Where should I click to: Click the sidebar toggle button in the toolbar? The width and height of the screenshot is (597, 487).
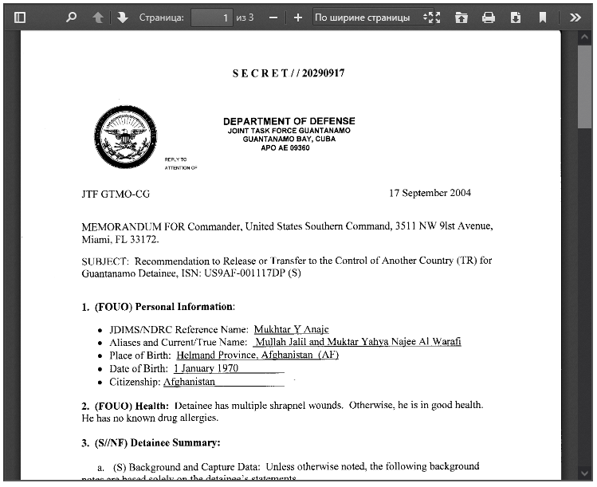tap(20, 17)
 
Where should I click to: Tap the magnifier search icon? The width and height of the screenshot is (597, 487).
tap(71, 17)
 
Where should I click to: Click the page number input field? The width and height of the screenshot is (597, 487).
tap(211, 17)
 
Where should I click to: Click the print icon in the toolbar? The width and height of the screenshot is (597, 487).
tap(489, 17)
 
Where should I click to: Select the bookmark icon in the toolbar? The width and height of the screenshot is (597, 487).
tap(543, 17)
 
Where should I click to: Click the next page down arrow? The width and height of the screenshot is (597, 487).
tap(122, 17)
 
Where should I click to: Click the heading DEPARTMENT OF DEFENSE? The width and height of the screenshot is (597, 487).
tap(289, 121)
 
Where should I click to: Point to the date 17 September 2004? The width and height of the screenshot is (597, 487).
tap(430, 193)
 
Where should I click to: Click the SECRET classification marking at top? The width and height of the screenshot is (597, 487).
tap(289, 73)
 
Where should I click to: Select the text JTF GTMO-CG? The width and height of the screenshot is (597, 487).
tap(116, 194)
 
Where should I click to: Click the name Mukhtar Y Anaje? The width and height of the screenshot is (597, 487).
tap(291, 329)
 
